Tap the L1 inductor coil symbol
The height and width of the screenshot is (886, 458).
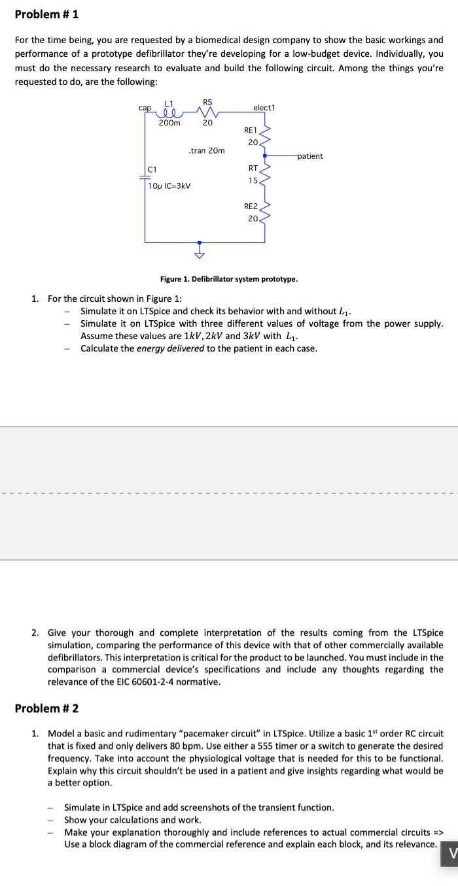point(168,112)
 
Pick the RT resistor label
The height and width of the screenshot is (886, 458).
point(252,167)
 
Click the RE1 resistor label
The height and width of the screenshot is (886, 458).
point(251,131)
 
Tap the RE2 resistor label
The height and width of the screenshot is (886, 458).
point(251,206)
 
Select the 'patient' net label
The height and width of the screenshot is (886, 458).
point(310,156)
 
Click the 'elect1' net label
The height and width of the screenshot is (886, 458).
point(264,107)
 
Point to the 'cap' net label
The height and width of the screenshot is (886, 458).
point(145,107)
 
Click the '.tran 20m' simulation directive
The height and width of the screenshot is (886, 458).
point(206,150)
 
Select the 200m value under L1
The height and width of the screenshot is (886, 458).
point(170,123)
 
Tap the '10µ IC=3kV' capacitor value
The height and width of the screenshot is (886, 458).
point(169,186)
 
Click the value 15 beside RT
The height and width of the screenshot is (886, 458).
point(253,180)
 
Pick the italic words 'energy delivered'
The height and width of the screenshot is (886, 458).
point(170,348)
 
